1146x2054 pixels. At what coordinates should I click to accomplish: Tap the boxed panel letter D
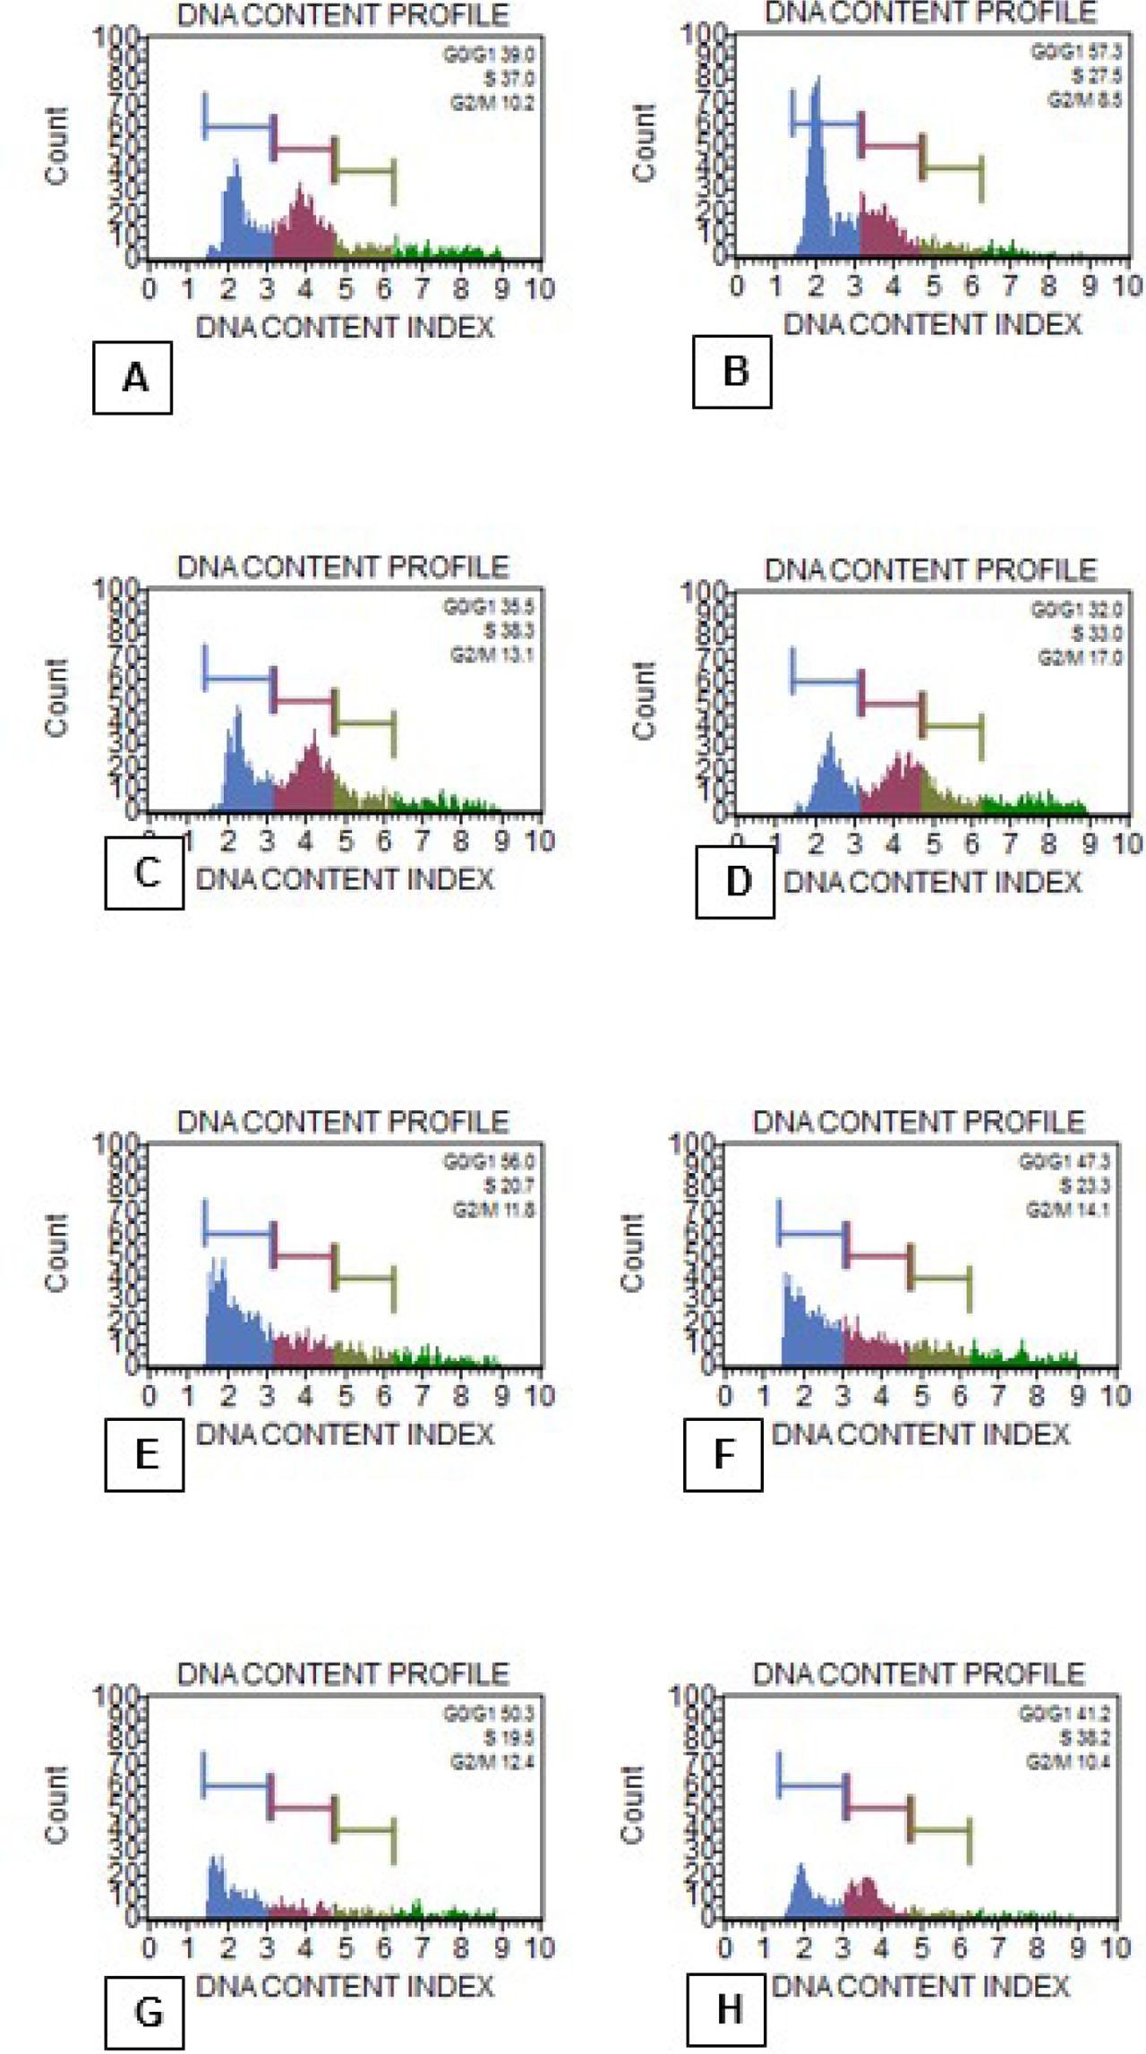coord(735,882)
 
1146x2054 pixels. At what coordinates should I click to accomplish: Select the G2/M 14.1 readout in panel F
coord(1067,1211)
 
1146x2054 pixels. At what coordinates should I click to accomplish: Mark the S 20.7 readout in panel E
coord(509,1186)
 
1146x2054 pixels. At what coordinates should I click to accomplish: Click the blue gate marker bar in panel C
coord(239,677)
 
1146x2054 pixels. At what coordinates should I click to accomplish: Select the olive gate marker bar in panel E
coord(363,1279)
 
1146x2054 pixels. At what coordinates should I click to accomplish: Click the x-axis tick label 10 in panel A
coord(538,289)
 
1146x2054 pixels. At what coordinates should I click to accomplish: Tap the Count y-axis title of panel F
coord(632,1254)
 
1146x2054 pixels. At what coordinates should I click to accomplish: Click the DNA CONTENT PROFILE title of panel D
coord(929,570)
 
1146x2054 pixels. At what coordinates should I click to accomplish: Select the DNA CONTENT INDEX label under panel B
coord(932,324)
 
